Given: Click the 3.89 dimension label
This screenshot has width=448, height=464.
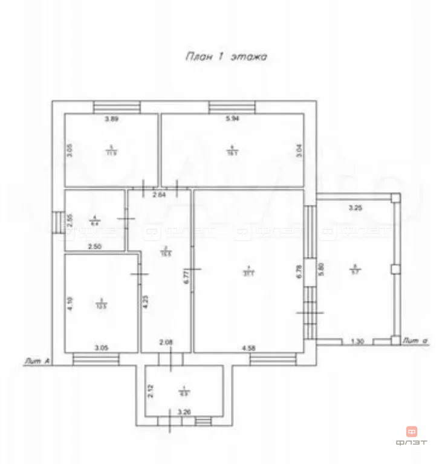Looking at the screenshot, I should click(111, 119).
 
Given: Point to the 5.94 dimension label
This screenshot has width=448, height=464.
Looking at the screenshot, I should click(233, 119).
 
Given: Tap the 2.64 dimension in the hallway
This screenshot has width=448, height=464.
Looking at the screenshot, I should click(159, 195).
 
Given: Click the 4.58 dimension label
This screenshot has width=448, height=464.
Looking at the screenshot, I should click(248, 347).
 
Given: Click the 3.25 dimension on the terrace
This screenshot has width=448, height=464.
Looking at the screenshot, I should click(355, 208).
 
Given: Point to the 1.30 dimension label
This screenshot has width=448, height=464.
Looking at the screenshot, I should click(357, 342).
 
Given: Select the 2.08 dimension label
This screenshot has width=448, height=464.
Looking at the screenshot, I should click(166, 343).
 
